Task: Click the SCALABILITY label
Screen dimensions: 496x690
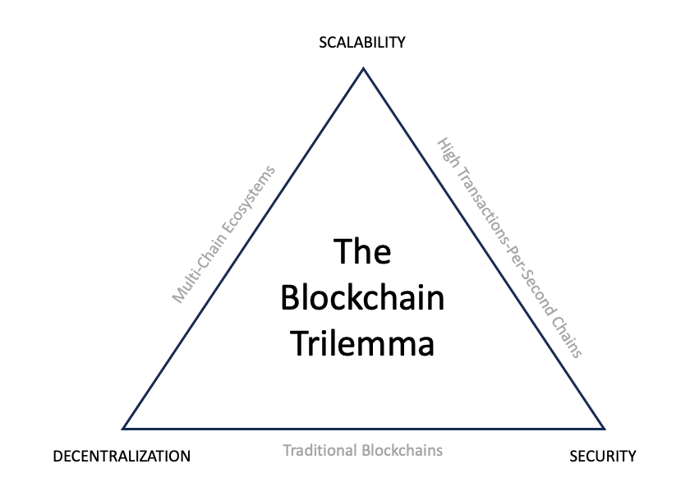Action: coord(362,43)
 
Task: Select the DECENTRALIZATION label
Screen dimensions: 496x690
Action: coord(122,456)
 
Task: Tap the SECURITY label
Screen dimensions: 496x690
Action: coord(602,456)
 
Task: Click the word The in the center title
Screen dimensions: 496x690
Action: coord(362,251)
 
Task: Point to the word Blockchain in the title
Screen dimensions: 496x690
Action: coord(362,297)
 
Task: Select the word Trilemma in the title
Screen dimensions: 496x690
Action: coord(362,342)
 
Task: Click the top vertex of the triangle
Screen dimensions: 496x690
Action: coord(363,68)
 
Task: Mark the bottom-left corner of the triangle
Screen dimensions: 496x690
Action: coord(123,428)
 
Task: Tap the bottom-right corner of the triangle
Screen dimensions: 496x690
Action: coord(605,428)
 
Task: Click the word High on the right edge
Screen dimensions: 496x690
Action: coord(448,154)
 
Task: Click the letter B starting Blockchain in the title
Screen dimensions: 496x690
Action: coord(290,297)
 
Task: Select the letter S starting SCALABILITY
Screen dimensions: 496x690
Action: coord(323,43)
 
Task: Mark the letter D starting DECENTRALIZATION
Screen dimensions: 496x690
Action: coord(57,456)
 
